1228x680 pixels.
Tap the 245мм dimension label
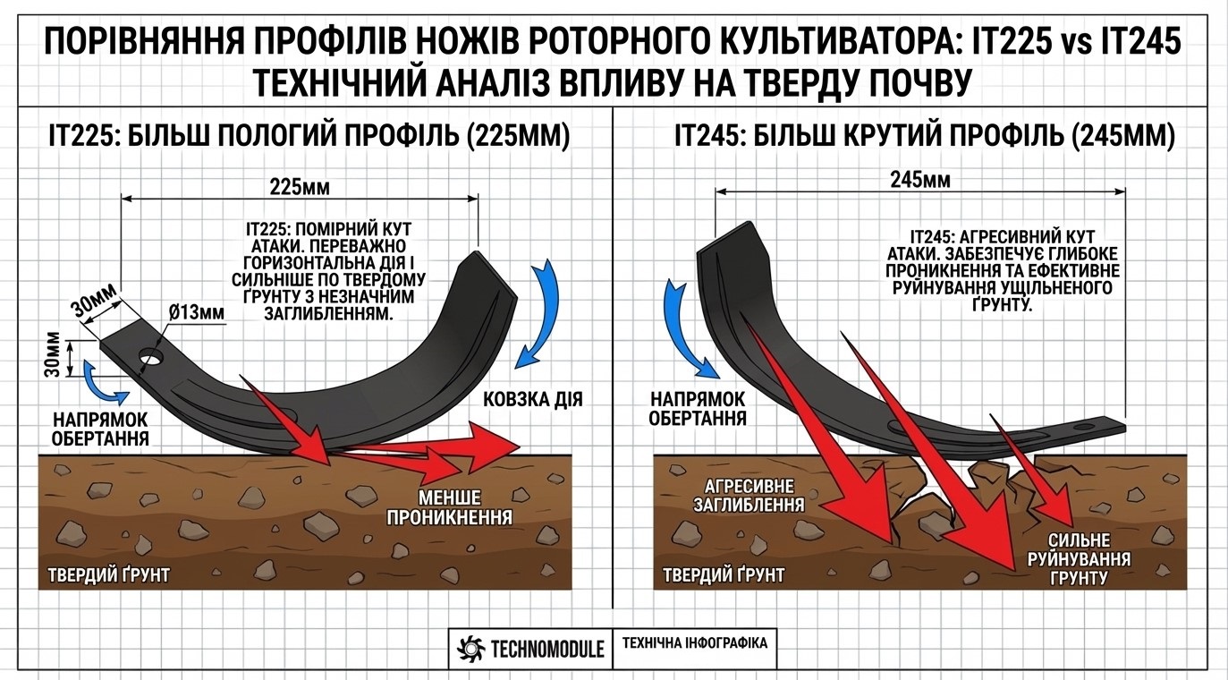[x=920, y=180]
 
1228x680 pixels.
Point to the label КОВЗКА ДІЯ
[x=533, y=399]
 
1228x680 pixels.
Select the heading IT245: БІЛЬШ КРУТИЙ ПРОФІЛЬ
[x=924, y=136]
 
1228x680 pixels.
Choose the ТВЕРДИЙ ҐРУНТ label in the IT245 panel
[x=724, y=574]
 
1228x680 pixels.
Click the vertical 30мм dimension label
[x=53, y=355]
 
